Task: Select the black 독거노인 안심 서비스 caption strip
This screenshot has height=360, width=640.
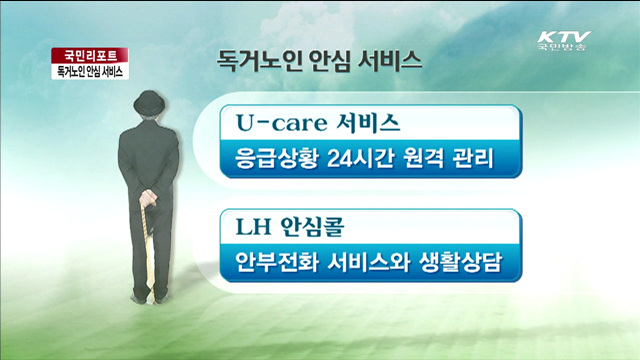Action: click(85, 73)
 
